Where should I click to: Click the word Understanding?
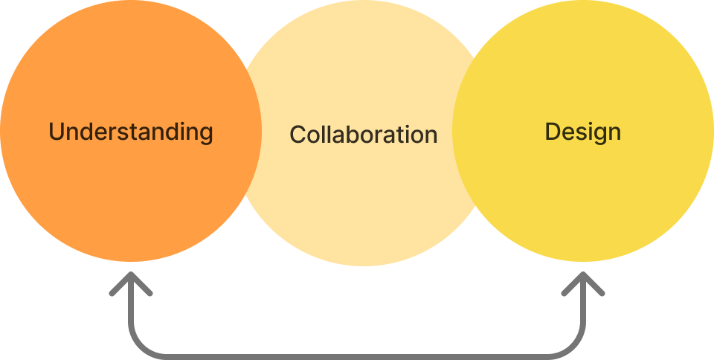tap(131, 132)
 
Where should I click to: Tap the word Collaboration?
tap(363, 135)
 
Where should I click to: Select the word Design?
tap(583, 132)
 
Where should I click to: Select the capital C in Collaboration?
tap(297, 135)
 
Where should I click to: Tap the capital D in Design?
tap(553, 132)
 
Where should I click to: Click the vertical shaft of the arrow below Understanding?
tap(131, 312)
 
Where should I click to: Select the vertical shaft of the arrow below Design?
tap(583, 312)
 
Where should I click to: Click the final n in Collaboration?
tap(430, 136)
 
